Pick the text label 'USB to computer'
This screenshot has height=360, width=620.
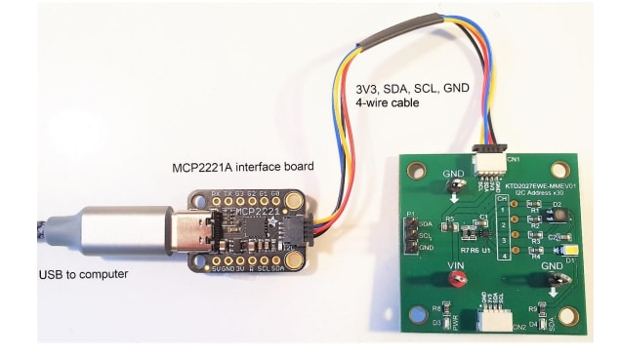pyautogui.click(x=84, y=273)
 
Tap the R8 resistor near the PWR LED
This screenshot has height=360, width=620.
pyautogui.click(x=435, y=311)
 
